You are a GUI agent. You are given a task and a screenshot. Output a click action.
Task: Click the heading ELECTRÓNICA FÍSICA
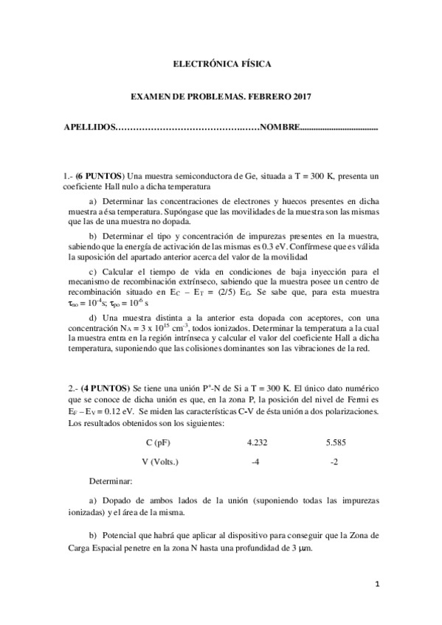(x=221, y=64)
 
